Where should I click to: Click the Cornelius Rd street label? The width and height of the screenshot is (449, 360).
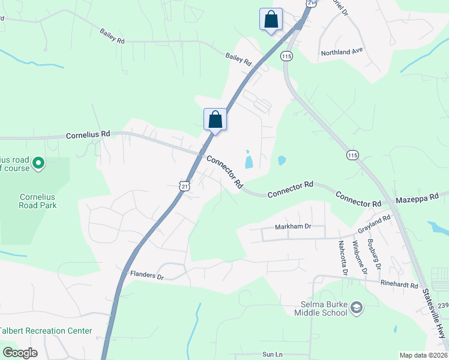[x=88, y=134]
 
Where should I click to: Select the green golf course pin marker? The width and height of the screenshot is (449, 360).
[x=38, y=163]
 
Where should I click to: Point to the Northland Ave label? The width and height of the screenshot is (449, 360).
[x=343, y=52]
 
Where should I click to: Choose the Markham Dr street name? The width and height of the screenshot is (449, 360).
[x=293, y=226]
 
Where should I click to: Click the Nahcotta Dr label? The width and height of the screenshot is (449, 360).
[x=343, y=258]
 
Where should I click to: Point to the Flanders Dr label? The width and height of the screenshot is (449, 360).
[x=146, y=275]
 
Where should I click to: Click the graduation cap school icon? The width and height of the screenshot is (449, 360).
[x=357, y=308]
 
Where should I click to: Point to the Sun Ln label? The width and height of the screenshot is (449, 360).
[x=272, y=355]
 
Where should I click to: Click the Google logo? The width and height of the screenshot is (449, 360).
[x=20, y=353]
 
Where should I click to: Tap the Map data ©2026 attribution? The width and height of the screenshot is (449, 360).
[x=423, y=355]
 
